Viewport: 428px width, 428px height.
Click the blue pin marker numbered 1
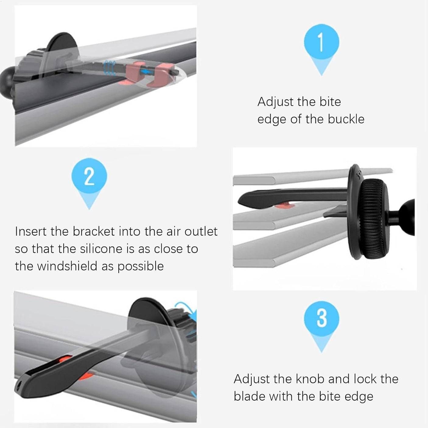[x=321, y=43]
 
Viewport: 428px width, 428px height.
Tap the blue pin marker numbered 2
[x=89, y=177]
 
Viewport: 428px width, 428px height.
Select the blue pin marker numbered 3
[x=321, y=319]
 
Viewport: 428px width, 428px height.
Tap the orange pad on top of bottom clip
[x=65, y=360]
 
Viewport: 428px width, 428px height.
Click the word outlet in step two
[x=201, y=231]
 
